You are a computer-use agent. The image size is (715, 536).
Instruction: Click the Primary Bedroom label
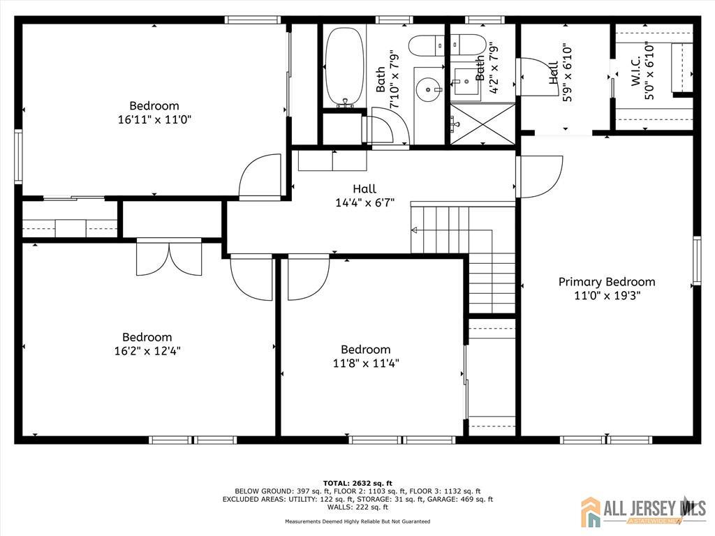click(x=607, y=282)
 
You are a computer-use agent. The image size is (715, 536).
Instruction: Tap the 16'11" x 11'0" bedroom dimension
click(x=154, y=120)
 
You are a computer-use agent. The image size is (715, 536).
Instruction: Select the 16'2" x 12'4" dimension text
click(x=147, y=351)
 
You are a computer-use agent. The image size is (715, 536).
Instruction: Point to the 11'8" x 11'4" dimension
click(x=366, y=363)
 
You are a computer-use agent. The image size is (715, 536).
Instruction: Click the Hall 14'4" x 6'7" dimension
click(x=364, y=202)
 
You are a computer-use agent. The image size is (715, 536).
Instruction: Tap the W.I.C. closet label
click(x=637, y=70)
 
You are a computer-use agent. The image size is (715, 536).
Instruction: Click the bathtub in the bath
click(x=345, y=67)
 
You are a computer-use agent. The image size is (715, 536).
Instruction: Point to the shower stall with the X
click(x=483, y=124)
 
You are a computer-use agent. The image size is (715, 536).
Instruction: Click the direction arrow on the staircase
click(x=414, y=230)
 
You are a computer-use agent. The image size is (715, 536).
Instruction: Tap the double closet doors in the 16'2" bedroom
click(x=169, y=258)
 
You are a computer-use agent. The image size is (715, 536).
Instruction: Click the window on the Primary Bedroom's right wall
click(x=696, y=261)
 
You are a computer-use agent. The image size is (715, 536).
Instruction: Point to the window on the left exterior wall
click(x=18, y=156)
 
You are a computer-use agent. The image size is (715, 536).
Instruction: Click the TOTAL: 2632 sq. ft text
click(x=357, y=483)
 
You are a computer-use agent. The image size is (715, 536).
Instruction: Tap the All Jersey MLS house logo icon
click(x=591, y=512)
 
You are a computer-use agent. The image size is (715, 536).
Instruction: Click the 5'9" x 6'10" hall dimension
click(x=567, y=72)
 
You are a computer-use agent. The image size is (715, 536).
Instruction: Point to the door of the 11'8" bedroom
click(x=308, y=278)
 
